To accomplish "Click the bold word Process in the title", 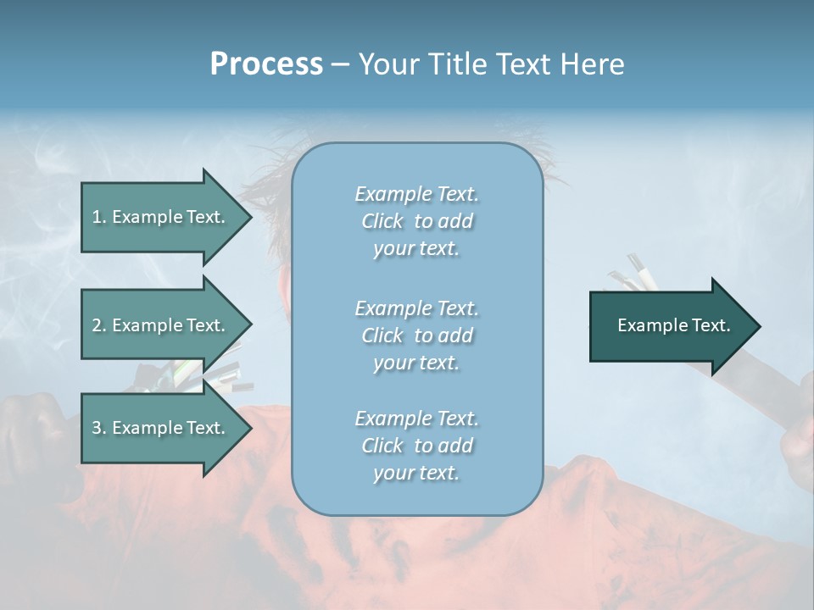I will (x=266, y=64).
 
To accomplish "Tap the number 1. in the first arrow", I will (x=99, y=217).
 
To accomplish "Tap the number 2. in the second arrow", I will (x=99, y=325).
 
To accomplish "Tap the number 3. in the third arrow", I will (x=99, y=428).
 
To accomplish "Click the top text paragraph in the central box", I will (x=416, y=221).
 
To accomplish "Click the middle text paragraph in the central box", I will (x=416, y=335).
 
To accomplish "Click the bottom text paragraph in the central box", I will (x=416, y=446).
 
